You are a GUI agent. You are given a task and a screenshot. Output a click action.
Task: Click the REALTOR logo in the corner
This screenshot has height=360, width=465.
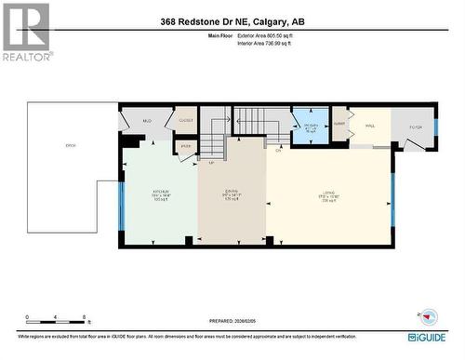click(25, 32)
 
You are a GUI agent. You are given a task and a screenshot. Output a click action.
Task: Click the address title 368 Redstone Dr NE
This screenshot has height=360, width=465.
click(232, 21)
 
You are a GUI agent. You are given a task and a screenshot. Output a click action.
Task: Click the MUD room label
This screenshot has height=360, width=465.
click(147, 122)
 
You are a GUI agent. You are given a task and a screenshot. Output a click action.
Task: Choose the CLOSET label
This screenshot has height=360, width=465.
click(184, 121)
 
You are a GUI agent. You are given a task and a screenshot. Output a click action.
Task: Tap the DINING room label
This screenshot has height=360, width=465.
click(232, 195)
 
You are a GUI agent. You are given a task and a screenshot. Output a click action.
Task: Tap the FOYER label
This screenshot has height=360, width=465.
click(418, 127)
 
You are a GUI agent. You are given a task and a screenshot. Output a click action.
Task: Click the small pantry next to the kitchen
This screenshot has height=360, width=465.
click(184, 146)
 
